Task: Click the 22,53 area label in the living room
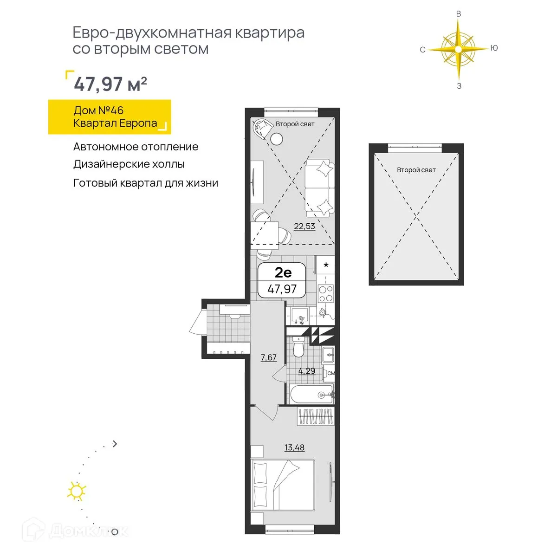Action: coord(304,227)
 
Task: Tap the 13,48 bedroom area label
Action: coord(294,447)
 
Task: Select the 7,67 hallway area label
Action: coord(268,357)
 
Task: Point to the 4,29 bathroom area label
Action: coord(306,371)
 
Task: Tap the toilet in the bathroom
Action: coord(298,348)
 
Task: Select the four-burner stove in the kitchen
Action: coord(325,293)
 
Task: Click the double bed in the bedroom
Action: coord(283,486)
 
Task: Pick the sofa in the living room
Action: coord(319,188)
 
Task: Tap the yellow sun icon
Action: coord(77,491)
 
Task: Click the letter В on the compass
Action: coord(459,14)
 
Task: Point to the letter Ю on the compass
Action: coord(494,48)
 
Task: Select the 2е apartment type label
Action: coord(283,272)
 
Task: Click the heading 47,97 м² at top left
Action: coord(110,84)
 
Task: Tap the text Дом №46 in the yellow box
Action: coord(98,110)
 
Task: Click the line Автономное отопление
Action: coord(136,147)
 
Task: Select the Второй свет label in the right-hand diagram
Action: coord(416,170)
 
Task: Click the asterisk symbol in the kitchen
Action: coord(326,266)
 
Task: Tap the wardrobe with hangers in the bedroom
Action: coord(316,416)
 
